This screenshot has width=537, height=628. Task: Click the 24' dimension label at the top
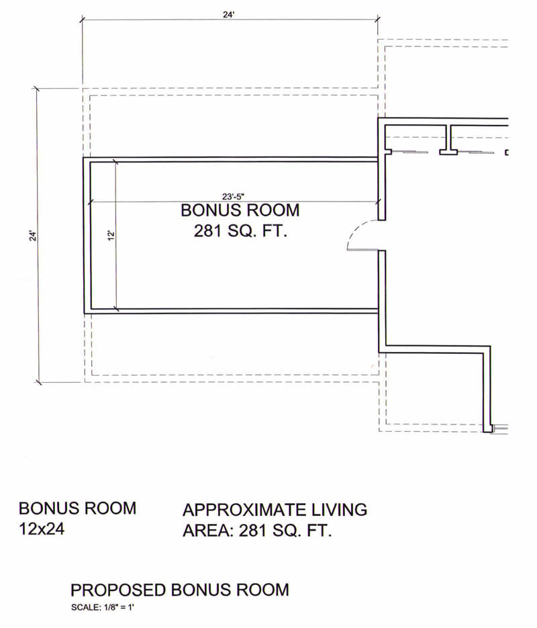228,15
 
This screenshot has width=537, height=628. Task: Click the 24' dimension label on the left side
33,236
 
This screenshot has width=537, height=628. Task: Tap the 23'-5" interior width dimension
234,196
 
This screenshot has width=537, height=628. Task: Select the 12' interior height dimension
111,235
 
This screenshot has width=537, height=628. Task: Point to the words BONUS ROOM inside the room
240,210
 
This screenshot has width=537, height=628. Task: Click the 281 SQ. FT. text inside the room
240,231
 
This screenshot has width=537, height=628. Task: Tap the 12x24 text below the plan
42,529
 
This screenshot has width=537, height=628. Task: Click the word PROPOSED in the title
118,590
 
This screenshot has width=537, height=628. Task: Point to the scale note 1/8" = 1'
118,608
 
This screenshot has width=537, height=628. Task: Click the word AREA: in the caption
208,531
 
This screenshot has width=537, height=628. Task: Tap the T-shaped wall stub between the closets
448,140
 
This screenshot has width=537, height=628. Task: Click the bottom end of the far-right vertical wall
487,431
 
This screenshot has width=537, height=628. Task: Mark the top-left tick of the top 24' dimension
83,19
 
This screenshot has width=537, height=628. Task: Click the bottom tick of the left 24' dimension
38,382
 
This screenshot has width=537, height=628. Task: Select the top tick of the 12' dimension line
115,163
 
